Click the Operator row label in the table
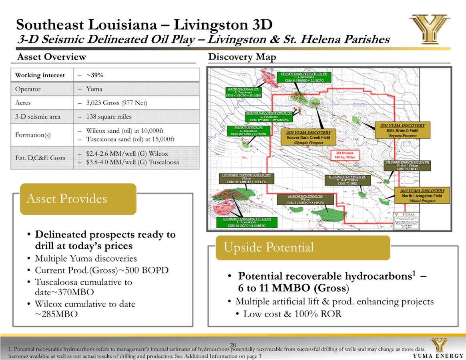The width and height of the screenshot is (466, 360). (x=28, y=89)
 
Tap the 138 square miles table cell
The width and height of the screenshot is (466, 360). (x=108, y=117)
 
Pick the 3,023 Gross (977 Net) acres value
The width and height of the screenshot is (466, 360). (x=116, y=103)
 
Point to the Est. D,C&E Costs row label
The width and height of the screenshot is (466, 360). (x=40, y=158)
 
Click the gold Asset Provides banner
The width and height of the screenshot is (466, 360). (x=78, y=199)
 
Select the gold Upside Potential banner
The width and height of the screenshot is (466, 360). (x=303, y=248)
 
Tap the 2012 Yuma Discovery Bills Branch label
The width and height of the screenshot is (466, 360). (x=402, y=130)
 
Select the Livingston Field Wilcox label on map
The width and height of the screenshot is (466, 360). (x=305, y=199)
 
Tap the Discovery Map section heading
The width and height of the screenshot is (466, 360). (x=242, y=57)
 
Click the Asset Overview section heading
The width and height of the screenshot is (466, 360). (x=51, y=57)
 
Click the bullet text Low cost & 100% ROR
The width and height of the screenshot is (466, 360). (x=292, y=314)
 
